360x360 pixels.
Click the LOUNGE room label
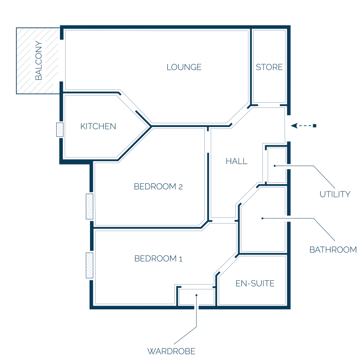[x=184, y=67]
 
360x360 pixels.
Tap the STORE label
[x=269, y=67]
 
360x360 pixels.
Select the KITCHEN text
[x=98, y=126]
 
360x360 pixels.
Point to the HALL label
[x=236, y=161]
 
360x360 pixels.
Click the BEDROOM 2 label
[x=158, y=187]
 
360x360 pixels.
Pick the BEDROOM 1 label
[x=158, y=259]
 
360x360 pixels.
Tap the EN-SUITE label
[x=255, y=283]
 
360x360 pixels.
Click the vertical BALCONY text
[x=38, y=60]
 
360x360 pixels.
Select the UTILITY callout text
[x=335, y=194]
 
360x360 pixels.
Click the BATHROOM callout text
[x=333, y=249]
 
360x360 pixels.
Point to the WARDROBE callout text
[x=171, y=351]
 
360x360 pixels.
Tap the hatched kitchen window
[x=60, y=130]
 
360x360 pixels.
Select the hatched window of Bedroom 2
[x=90, y=206]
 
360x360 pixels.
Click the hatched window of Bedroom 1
[x=90, y=265]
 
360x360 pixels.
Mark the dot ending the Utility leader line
[x=275, y=166]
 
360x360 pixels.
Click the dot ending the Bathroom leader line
[x=262, y=218]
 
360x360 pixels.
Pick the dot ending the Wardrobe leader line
[x=196, y=295]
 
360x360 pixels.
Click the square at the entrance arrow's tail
[x=315, y=126]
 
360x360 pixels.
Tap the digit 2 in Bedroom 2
[x=180, y=187]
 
